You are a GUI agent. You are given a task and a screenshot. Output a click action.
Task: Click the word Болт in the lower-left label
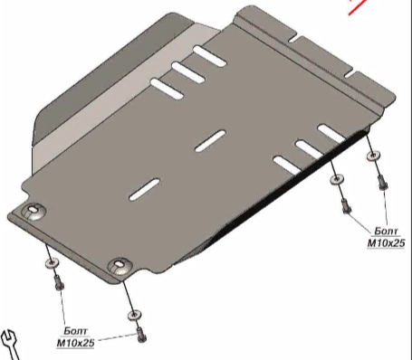coord(76,331)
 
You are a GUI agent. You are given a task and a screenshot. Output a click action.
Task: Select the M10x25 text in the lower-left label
coord(75,343)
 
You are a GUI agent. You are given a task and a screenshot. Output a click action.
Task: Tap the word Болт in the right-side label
coord(386,232)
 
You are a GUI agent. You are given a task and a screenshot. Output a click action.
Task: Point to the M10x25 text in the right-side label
coord(386,243)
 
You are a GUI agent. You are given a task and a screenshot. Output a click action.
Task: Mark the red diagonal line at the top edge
coord(358,6)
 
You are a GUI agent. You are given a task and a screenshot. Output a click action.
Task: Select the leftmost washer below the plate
coord(52,263)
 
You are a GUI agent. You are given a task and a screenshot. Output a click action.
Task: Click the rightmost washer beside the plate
coord(373,156)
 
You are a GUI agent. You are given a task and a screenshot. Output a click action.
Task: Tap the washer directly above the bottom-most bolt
coord(134,316)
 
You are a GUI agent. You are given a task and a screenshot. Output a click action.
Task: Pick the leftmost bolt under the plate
coord(59,283)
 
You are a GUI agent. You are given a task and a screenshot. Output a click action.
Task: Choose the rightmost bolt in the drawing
coord(382,183)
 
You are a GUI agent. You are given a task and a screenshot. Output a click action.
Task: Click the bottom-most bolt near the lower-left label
coord(141,335)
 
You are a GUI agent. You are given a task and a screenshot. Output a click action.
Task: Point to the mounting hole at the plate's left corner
coord(33,209)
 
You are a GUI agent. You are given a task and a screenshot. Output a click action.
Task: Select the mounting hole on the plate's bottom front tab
coord(120,264)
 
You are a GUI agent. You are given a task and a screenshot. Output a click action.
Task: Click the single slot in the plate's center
coord(210,141)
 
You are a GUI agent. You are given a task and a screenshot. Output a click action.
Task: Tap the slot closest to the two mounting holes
coord(144,189)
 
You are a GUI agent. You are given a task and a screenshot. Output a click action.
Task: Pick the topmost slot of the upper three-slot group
coord(209,56)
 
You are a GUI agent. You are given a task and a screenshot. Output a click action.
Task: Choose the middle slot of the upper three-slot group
coord(188,72)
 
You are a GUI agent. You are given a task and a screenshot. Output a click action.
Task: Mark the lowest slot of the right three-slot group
coord(287,165)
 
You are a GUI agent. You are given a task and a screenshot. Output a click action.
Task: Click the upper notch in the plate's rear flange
coord(293,39)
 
